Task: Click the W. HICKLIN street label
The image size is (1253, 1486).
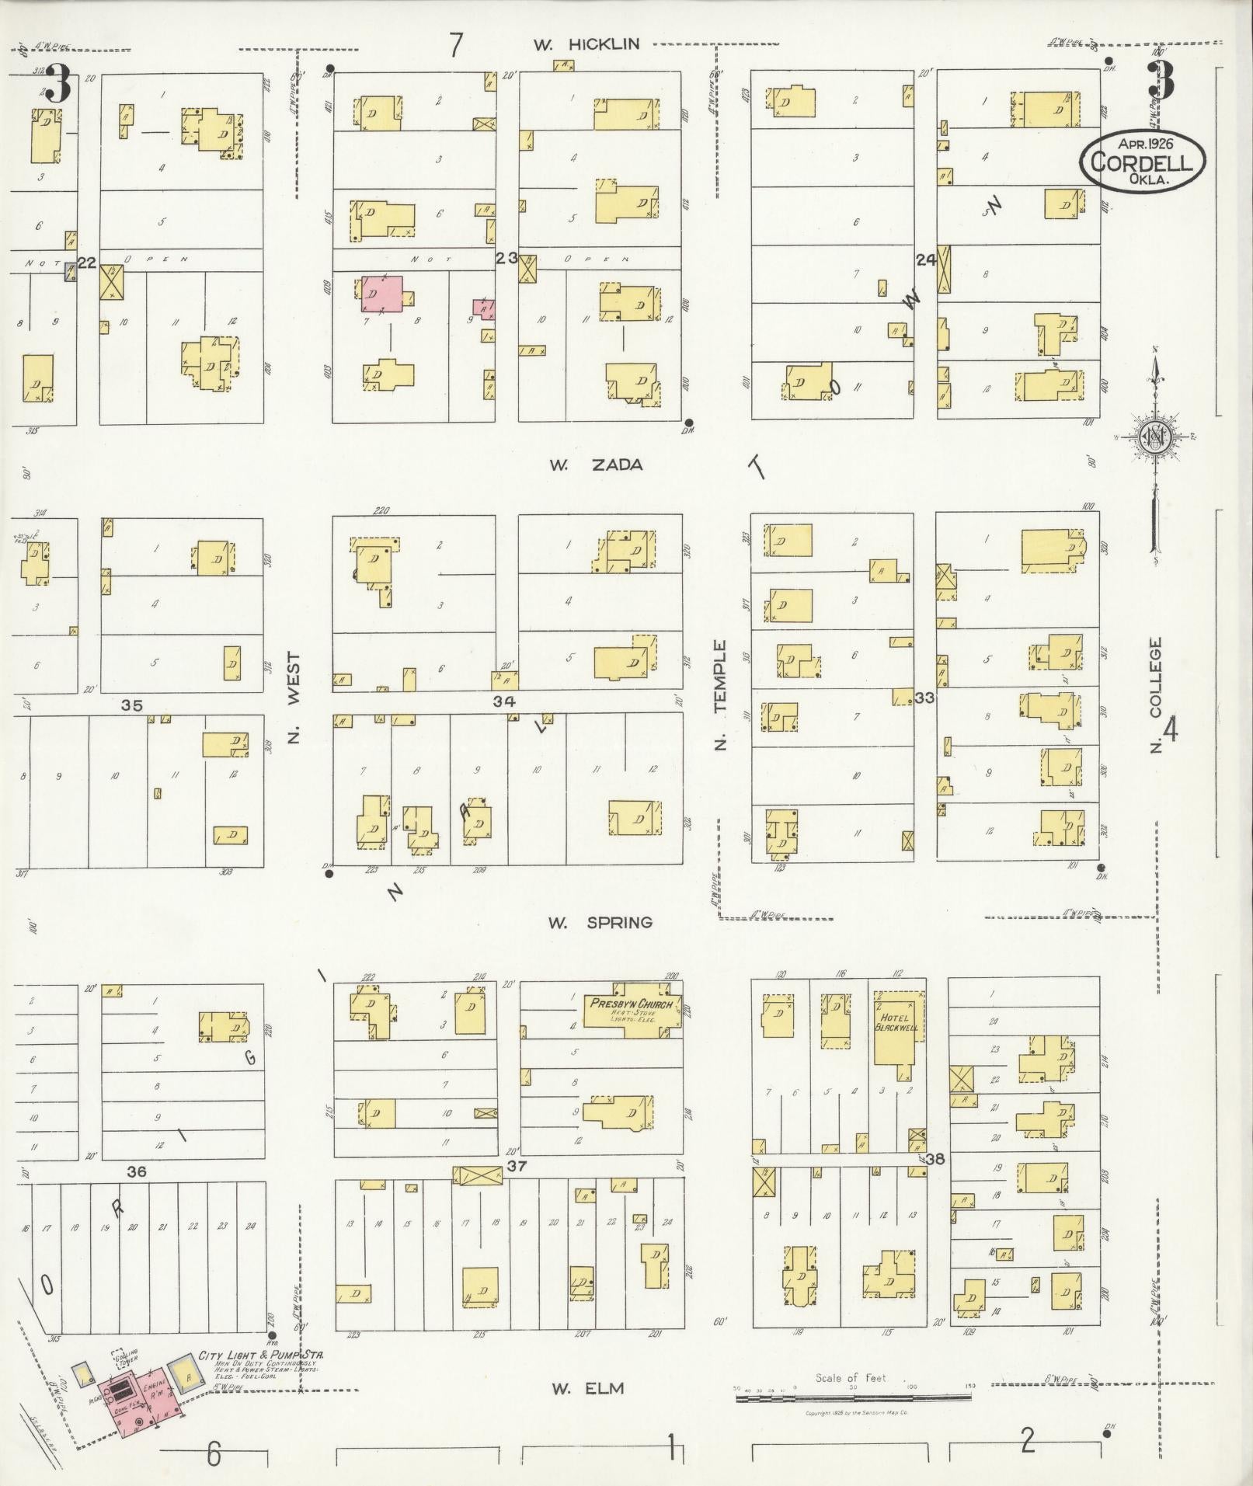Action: pos(586,44)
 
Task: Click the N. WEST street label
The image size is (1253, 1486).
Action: pos(294,697)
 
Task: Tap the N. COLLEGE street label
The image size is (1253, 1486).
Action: pos(1156,694)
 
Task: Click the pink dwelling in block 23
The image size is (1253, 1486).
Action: pos(382,293)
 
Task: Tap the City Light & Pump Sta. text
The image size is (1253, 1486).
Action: pos(260,1355)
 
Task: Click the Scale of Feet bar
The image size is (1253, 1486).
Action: pos(853,1397)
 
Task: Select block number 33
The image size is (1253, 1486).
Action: pos(924,698)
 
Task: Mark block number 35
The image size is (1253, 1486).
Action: pos(132,705)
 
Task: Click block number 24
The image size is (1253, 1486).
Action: pos(925,261)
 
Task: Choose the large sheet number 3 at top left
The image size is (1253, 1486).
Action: pos(57,83)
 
